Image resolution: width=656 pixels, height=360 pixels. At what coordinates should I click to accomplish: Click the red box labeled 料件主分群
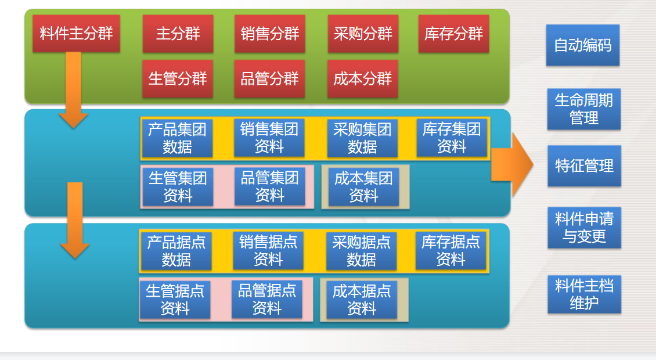pos(76,34)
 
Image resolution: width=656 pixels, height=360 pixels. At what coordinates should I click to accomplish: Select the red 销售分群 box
pos(270,34)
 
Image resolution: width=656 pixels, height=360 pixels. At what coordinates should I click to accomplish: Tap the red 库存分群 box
pos(453,34)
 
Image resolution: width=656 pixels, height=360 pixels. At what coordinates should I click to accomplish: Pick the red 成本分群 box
pos(362,79)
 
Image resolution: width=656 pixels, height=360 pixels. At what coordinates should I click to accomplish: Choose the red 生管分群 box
pos(178,79)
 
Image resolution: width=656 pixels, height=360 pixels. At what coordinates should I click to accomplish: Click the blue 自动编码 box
pos(583,45)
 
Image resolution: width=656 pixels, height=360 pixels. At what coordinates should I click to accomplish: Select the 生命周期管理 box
pos(583,109)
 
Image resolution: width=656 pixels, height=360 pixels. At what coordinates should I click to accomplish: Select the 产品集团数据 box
pos(177,138)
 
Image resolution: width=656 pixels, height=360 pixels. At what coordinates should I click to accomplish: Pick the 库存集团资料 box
pos(452,138)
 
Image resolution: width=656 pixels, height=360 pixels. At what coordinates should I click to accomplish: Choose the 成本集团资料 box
pos(363,187)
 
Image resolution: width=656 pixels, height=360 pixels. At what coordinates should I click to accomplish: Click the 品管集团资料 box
pos(270,186)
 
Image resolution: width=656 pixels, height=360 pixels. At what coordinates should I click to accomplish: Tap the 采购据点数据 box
pos(361,251)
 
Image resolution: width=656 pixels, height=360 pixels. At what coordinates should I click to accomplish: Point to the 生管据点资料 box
pos(175,300)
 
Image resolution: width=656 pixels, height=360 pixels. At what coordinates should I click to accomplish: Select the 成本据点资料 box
pos(362,300)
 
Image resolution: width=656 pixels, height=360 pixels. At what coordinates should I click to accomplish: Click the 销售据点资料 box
pos(268,251)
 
